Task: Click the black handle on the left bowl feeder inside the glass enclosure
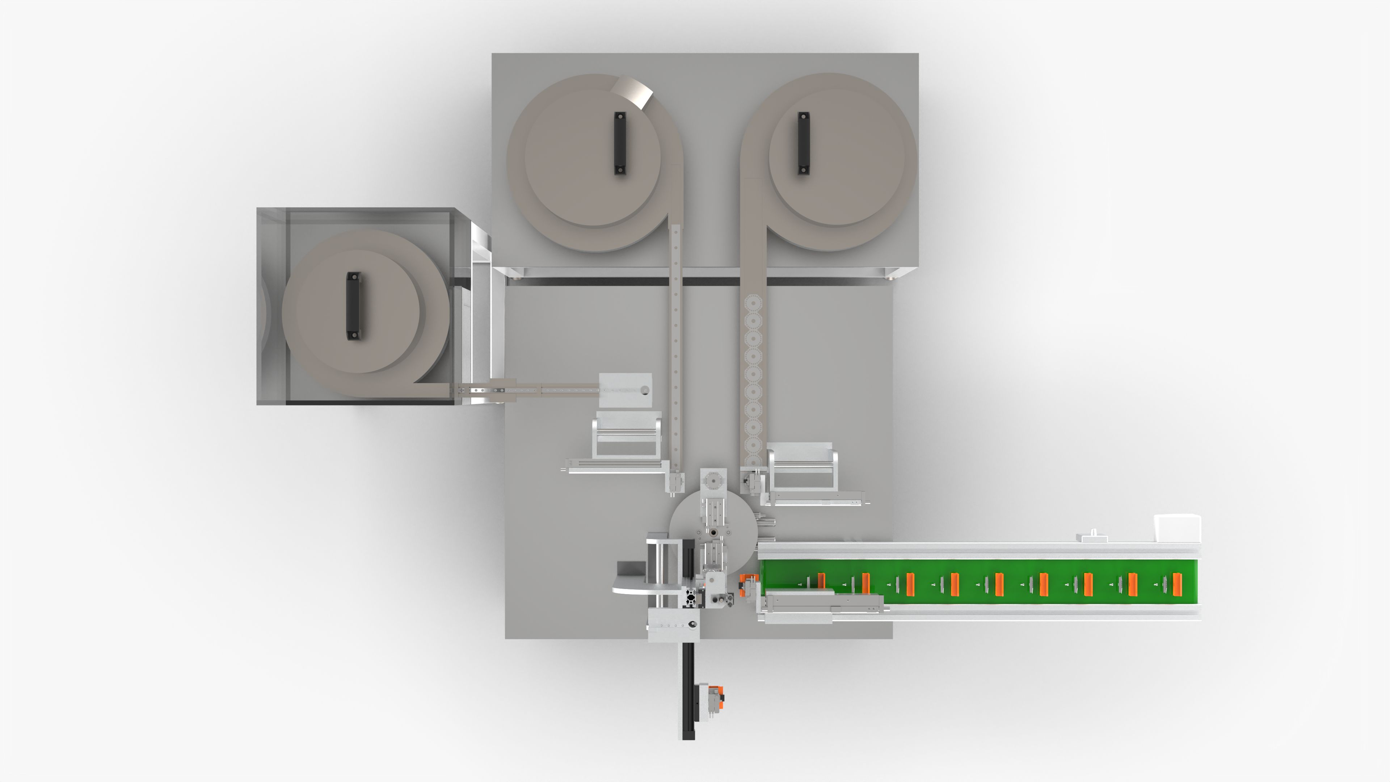click(x=353, y=306)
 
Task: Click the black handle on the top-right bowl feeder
click(x=804, y=143)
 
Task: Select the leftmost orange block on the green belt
click(x=821, y=581)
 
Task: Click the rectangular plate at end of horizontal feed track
click(x=625, y=390)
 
